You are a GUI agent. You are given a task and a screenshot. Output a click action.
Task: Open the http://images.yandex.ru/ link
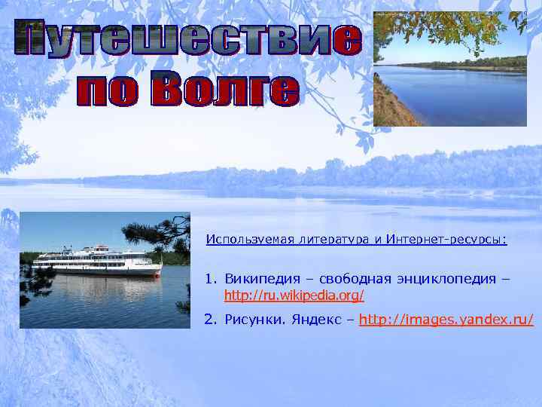point(446,320)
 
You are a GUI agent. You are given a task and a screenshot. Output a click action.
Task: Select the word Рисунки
point(252,320)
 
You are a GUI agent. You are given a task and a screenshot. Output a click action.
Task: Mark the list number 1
point(211,279)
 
